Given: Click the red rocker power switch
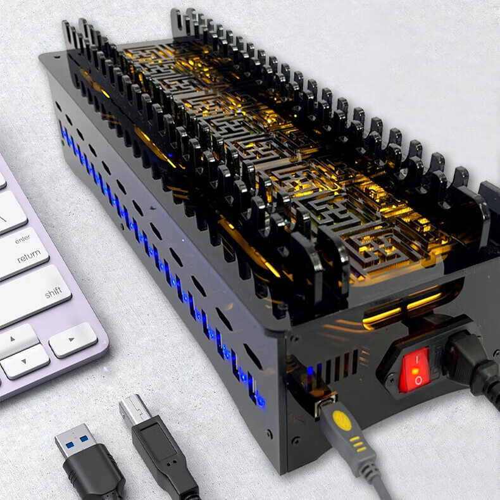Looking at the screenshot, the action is click(x=415, y=370).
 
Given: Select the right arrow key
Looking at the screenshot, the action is click(x=73, y=339).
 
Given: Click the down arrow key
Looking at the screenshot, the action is click(x=25, y=361).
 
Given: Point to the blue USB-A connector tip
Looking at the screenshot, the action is click(x=74, y=441).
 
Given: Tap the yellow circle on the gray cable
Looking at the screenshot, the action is click(x=342, y=420).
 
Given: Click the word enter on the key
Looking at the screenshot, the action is click(x=22, y=239).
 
